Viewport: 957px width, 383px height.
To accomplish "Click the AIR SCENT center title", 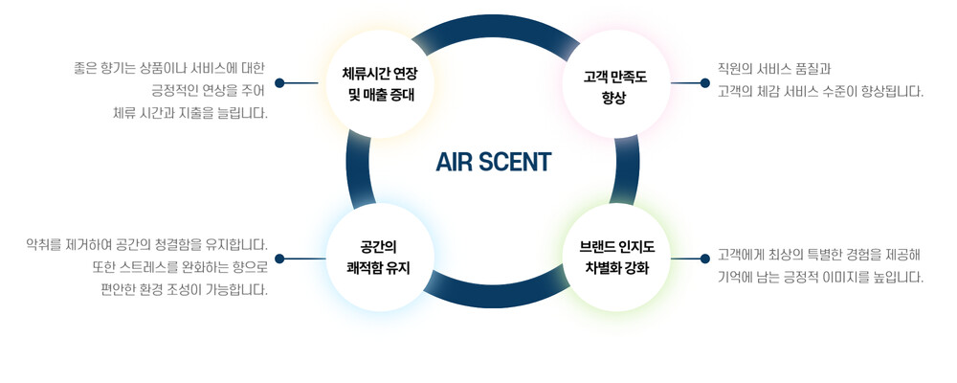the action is [493, 162].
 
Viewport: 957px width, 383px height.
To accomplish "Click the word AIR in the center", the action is [452, 162].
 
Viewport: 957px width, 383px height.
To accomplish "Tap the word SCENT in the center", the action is [515, 162].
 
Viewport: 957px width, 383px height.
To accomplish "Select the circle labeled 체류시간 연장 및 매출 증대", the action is [380, 83].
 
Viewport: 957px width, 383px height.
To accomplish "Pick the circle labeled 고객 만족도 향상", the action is [615, 83].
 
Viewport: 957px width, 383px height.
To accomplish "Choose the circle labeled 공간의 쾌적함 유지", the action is [380, 258].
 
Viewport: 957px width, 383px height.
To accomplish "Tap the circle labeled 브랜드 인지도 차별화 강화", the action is [615, 258].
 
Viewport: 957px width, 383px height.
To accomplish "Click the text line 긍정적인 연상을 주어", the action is [208, 90].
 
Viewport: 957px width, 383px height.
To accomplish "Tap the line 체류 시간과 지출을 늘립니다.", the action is [190, 113].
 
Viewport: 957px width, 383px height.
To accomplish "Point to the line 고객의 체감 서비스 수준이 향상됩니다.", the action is [820, 92].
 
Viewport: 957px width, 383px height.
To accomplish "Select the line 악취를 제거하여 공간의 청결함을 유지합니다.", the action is [147, 245].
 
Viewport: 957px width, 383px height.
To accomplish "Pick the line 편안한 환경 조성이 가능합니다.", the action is [185, 289].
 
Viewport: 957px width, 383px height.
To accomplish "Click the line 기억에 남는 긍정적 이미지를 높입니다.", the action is [820, 278].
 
